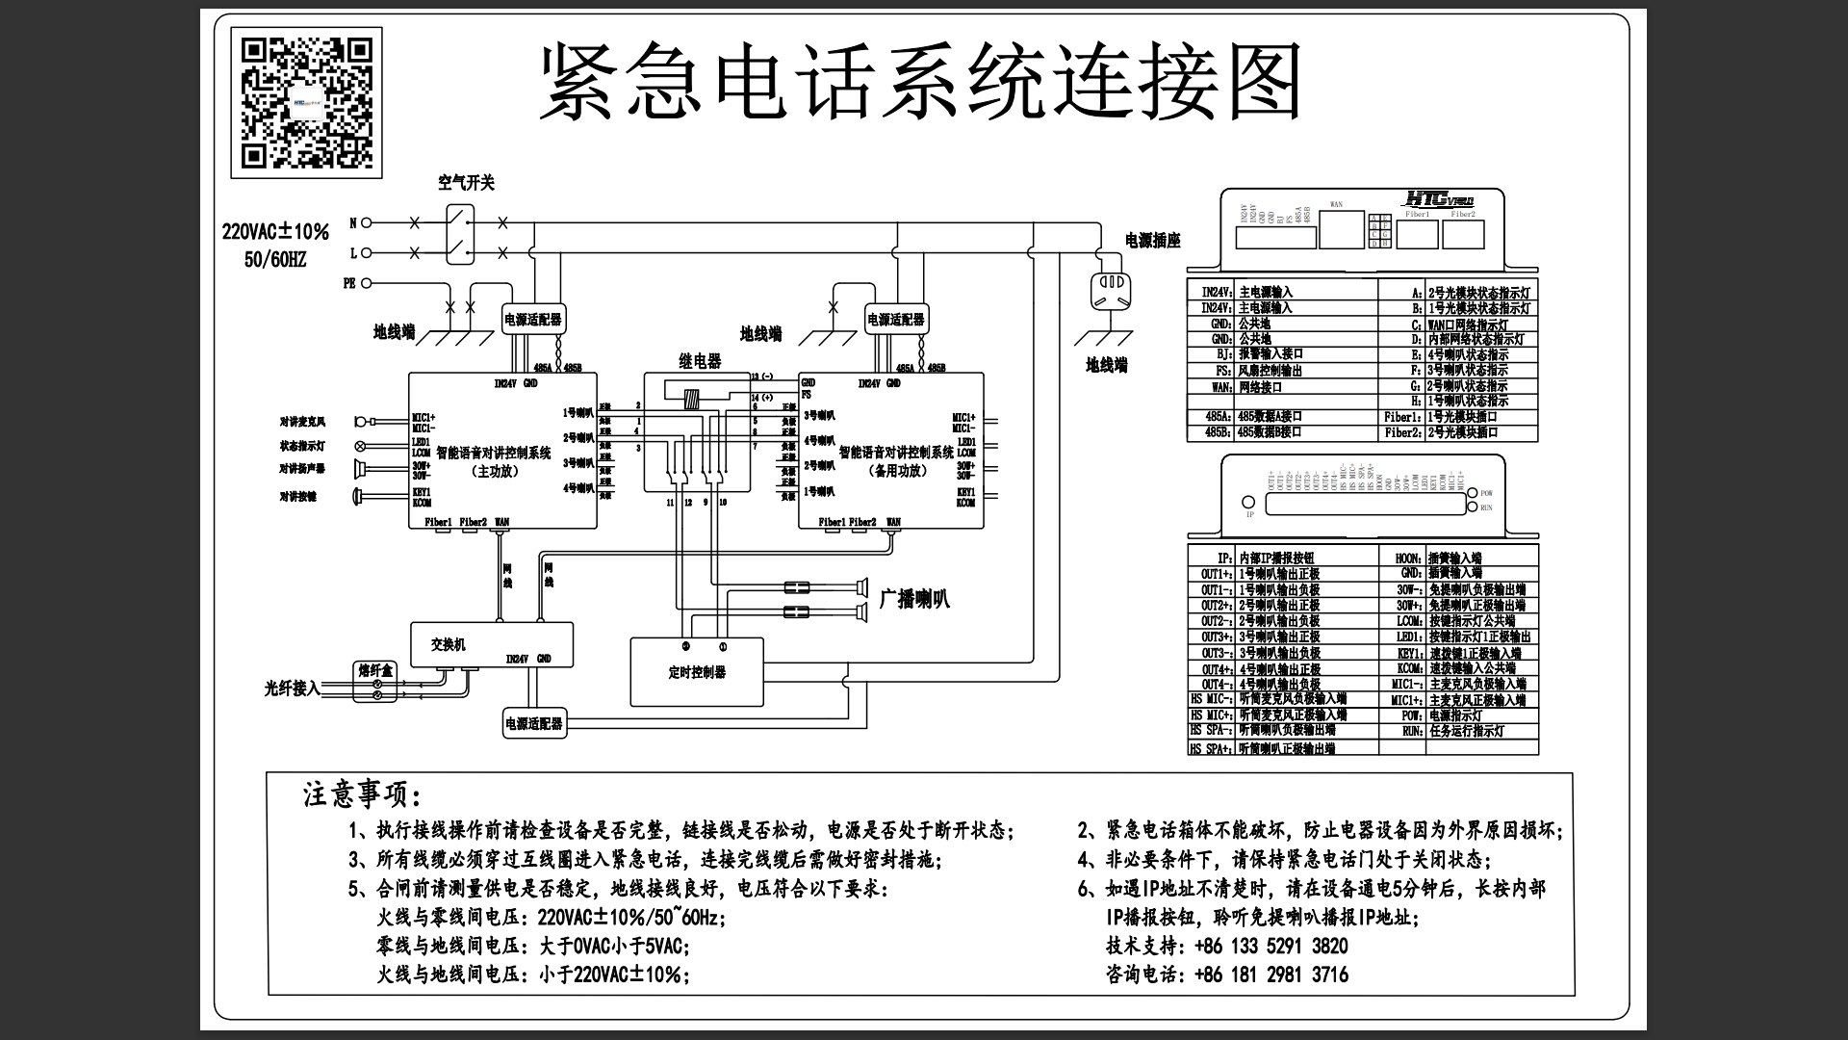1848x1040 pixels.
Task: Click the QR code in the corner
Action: click(x=306, y=103)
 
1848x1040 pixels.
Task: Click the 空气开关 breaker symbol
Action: click(x=460, y=234)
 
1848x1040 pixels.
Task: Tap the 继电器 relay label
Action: click(x=700, y=361)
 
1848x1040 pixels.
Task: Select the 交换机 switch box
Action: click(x=492, y=644)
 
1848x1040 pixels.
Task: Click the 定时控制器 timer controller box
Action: click(x=696, y=671)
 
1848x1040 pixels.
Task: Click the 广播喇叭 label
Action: click(x=913, y=598)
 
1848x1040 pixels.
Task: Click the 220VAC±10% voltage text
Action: click(x=275, y=232)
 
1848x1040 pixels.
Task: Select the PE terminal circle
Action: click(x=366, y=284)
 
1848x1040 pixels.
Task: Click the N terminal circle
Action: click(x=366, y=223)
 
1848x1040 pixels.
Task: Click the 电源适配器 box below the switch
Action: click(x=534, y=723)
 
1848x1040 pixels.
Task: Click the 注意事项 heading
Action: click(x=362, y=795)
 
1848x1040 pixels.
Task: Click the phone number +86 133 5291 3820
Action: click(x=1270, y=946)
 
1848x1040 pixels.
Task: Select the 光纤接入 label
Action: click(x=292, y=689)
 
